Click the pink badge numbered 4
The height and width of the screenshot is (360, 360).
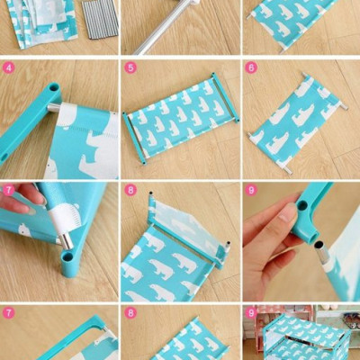tap(8, 68)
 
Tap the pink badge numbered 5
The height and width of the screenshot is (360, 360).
tap(130, 68)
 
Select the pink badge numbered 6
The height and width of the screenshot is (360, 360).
tap(251, 68)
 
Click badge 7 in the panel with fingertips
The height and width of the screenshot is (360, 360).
tap(8, 190)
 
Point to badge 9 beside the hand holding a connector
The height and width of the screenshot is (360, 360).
tap(251, 190)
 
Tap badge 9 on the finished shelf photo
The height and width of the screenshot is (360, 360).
tap(251, 313)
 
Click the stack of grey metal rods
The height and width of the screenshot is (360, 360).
tap(99, 19)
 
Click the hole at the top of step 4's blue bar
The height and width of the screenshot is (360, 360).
tap(53, 88)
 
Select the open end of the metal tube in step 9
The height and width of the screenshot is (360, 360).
tap(319, 245)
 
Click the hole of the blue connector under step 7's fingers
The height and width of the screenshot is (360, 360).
tap(67, 256)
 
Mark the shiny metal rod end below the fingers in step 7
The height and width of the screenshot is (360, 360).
tap(67, 241)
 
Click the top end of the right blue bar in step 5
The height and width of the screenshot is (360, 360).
tap(213, 74)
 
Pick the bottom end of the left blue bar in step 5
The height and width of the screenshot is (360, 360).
tap(145, 163)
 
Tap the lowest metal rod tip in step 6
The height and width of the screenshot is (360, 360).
tap(288, 170)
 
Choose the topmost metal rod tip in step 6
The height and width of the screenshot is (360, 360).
tap(303, 74)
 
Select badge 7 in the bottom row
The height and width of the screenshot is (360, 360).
tap(8, 313)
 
